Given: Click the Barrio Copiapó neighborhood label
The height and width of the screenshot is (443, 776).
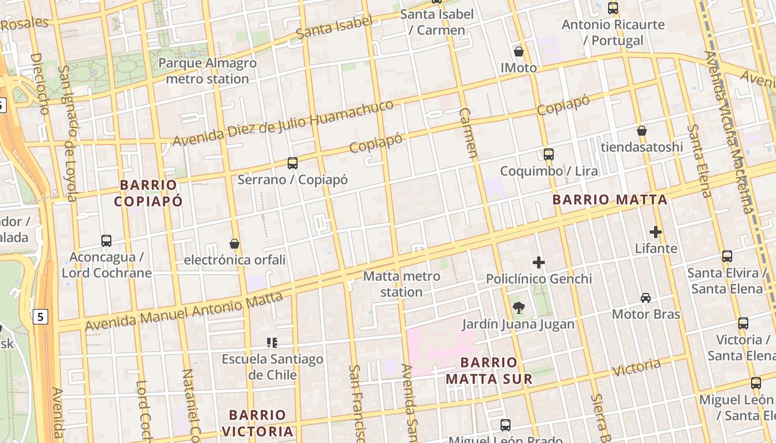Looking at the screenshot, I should point(148,193).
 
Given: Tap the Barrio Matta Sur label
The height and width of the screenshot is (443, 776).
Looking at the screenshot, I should point(489,370).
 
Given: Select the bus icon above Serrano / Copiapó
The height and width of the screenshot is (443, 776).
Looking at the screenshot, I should point(293,163).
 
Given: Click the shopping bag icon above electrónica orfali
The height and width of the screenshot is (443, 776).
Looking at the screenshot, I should point(234,244).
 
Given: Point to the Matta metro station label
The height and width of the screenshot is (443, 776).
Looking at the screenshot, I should point(401,284).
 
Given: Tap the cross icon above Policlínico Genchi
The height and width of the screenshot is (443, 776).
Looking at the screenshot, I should point(539,262).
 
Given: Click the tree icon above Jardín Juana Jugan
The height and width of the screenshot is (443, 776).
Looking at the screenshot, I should point(518,308).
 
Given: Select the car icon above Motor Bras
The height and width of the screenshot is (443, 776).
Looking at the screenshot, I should point(646,298).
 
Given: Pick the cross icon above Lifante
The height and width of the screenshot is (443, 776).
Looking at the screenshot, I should point(656,232).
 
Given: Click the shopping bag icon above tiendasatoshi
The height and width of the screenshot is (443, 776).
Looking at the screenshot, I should point(642,131).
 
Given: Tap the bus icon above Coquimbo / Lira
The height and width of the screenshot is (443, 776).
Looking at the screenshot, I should point(549,154).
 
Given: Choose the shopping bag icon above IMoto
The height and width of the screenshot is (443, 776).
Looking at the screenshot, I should point(519,51).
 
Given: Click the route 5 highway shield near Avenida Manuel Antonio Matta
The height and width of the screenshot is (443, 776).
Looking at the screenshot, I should point(40,317).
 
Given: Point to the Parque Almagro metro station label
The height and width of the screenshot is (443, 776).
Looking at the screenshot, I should point(207,71).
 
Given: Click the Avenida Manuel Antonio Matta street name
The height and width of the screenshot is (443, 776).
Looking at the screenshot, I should point(184,312).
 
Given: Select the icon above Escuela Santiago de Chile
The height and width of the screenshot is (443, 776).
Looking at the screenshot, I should point(272,343).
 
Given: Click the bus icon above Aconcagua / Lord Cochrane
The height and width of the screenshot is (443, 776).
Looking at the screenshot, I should point(106,241).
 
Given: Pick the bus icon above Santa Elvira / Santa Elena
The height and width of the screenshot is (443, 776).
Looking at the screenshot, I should point(727,256).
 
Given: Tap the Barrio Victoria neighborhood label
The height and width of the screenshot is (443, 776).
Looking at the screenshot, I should point(257,423).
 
